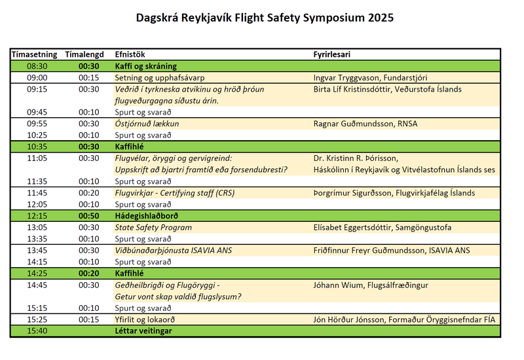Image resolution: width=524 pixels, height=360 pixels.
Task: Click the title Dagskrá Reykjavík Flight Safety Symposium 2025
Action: [x=265, y=18]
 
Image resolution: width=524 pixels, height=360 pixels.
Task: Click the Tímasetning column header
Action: [x=34, y=54]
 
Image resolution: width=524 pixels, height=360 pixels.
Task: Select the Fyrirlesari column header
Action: [x=336, y=54]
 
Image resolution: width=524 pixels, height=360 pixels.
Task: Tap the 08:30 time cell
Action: [x=37, y=66]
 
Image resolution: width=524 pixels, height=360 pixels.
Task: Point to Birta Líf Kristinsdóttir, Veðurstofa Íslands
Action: [x=388, y=89]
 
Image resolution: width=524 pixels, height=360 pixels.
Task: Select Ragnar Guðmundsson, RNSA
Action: [x=365, y=124]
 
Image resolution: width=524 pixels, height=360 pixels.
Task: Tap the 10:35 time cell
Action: [x=37, y=147]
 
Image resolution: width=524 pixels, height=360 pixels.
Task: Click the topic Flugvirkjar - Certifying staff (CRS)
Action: [x=174, y=193]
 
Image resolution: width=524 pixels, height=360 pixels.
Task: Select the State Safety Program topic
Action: [x=153, y=228]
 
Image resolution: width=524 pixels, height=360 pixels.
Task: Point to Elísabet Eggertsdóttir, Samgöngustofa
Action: [x=383, y=228]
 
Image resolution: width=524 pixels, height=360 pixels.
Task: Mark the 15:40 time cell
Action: [x=37, y=331]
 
